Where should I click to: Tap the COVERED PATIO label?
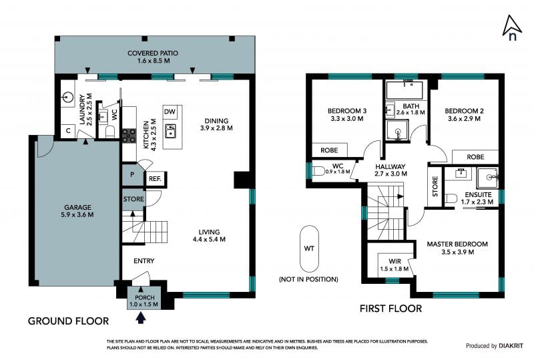153,53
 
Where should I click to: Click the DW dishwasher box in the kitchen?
170,112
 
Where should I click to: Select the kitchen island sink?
171,131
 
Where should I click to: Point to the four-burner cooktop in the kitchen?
129,136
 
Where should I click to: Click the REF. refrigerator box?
155,178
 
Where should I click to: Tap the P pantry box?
132,174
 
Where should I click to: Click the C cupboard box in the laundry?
69,130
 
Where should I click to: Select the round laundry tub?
68,97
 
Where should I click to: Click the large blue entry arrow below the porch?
141,318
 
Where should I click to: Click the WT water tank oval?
309,248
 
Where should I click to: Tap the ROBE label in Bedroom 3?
329,150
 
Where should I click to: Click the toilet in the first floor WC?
318,170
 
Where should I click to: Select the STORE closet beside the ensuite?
435,186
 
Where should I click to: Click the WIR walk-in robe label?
394,261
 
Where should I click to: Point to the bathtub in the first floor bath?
405,90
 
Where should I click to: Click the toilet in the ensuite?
451,198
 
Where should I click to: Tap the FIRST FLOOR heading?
390,309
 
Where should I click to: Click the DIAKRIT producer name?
511,346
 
